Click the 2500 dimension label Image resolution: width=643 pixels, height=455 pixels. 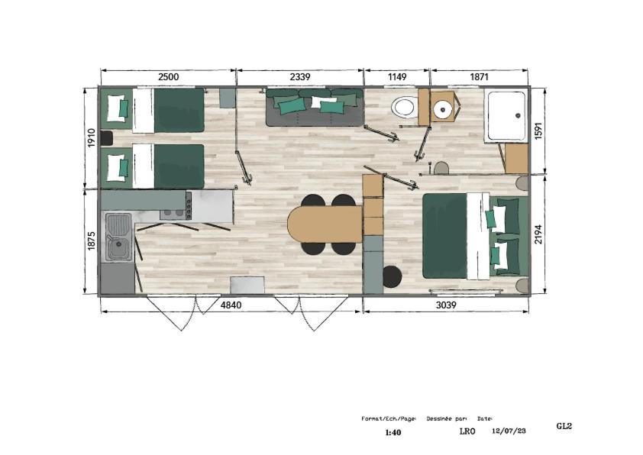169,76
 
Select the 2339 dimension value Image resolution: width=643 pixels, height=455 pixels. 300,76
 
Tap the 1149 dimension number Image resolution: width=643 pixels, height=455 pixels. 397,76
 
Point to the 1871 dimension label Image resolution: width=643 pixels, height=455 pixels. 479,76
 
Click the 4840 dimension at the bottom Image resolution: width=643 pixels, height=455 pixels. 231,305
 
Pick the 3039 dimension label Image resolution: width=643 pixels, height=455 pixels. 446,305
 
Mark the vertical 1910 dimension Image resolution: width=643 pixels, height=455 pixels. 92,137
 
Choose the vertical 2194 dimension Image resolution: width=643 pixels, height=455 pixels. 538,234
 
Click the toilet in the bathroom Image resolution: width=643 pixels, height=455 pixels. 404,107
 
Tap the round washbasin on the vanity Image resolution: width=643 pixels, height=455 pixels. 443,109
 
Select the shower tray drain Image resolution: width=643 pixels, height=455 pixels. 518,115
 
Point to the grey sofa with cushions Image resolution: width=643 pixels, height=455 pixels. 315,108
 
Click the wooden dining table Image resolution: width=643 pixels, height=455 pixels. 325,224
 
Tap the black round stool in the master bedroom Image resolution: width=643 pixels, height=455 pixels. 392,276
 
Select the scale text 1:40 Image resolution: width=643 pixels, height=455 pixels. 393,432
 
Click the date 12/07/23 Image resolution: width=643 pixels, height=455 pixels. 509,431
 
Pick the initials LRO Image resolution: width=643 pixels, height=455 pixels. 467,431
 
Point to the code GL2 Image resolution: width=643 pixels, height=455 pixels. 564,426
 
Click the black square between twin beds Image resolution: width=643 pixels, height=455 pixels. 106,137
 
